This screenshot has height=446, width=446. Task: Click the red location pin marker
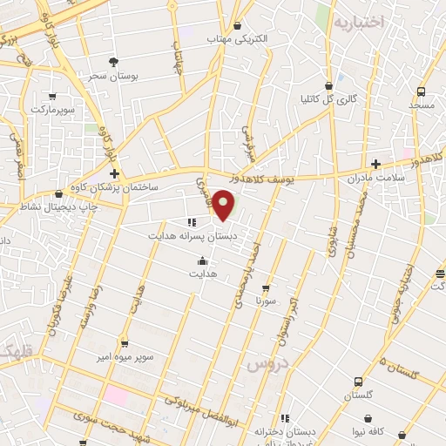pyautogui.click(x=225, y=206)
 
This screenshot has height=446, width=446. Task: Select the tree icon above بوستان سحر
pyautogui.click(x=113, y=61)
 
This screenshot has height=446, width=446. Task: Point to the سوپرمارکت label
pyautogui.click(x=54, y=110)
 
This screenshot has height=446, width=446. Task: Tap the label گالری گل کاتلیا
pyautogui.click(x=328, y=99)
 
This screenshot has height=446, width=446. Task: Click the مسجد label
pyautogui.click(x=422, y=105)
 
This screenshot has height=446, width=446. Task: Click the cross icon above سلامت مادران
pyautogui.click(x=375, y=164)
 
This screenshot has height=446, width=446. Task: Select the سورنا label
pyautogui.click(x=266, y=301)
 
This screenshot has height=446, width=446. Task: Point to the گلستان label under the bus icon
pyautogui.click(x=359, y=395)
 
